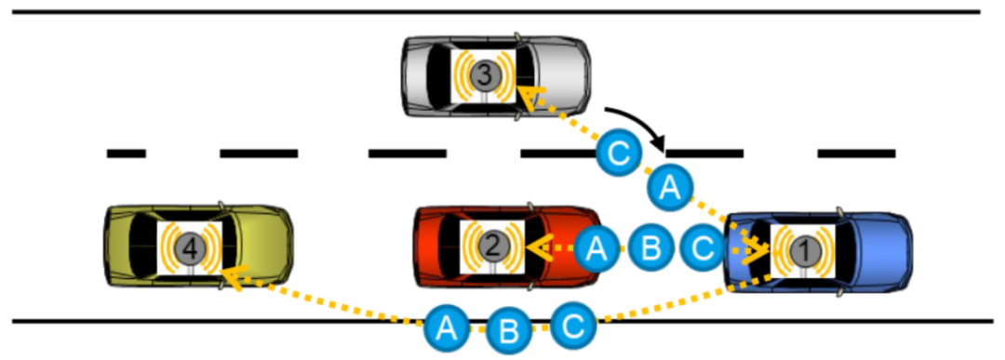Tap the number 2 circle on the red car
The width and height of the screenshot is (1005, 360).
[x=492, y=246]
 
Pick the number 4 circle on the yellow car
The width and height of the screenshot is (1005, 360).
[x=189, y=247]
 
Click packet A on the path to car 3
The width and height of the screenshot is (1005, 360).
[x=668, y=187]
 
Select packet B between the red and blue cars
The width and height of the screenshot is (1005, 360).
[x=650, y=247]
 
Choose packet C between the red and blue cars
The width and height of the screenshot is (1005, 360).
[x=703, y=247]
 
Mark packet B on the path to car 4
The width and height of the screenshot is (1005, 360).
[x=507, y=329]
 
